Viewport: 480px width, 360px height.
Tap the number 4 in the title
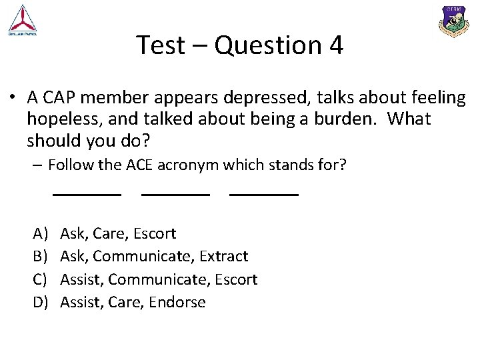[336, 45]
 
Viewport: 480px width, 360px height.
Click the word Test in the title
[158, 45]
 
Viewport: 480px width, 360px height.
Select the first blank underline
[87, 194]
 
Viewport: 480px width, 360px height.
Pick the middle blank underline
[175, 194]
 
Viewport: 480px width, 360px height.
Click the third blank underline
[263, 194]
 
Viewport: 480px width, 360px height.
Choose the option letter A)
[41, 233]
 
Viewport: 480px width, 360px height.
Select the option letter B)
[41, 256]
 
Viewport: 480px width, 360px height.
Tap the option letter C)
[41, 279]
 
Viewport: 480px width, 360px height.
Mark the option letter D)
[41, 302]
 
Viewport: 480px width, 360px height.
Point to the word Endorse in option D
[177, 302]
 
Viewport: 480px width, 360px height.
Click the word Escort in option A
[155, 233]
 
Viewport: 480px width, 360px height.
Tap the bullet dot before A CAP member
[12, 98]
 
